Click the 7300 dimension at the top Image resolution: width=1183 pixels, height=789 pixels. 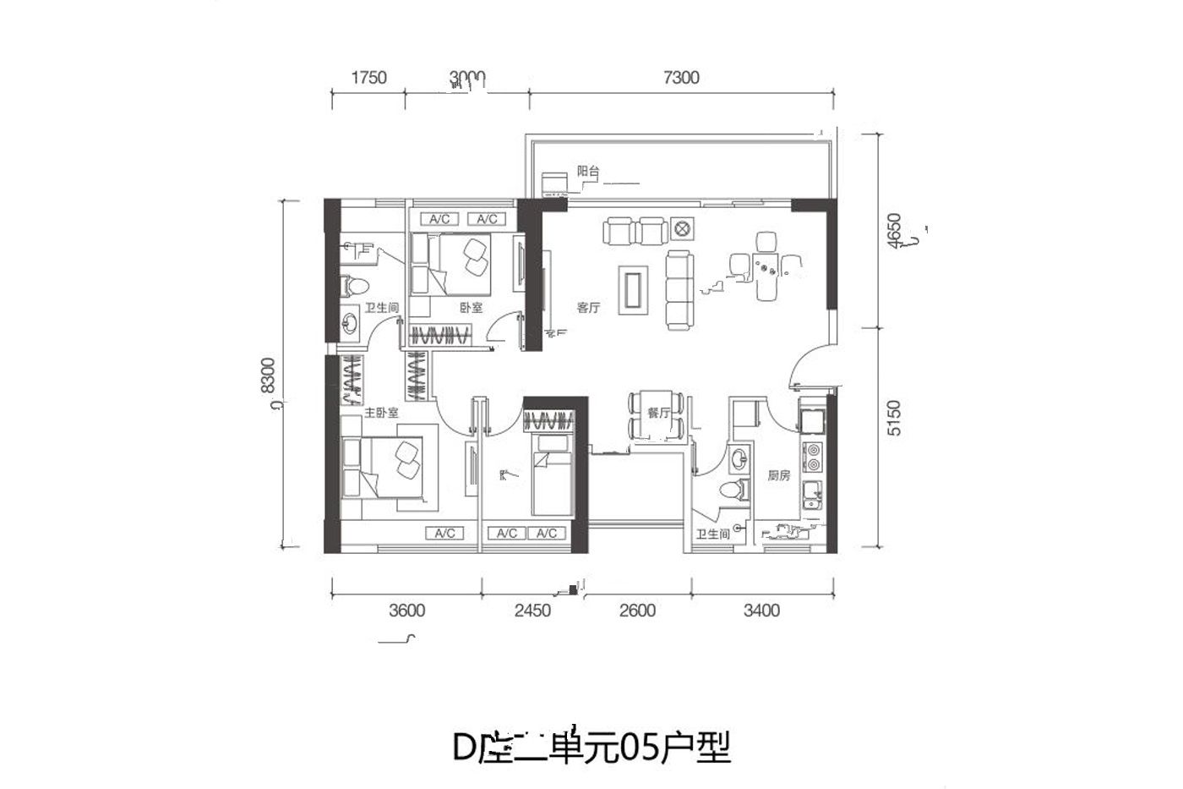pos(682,78)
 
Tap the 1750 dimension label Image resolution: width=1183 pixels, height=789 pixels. pos(368,78)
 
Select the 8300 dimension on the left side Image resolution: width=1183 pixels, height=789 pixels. pos(269,375)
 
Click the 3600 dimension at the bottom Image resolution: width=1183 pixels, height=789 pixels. pos(406,611)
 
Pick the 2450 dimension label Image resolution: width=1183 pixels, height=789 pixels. pos(532,611)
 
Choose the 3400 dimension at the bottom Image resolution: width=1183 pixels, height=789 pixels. pos(761,611)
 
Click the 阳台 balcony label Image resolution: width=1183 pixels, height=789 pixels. pos(587,172)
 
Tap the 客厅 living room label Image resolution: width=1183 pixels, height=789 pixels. pos(588,308)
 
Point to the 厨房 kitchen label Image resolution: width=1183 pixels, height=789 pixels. pos(778,476)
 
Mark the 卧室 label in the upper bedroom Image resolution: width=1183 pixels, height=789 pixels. pos(471,308)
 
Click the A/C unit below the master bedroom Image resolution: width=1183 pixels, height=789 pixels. pos(445,534)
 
